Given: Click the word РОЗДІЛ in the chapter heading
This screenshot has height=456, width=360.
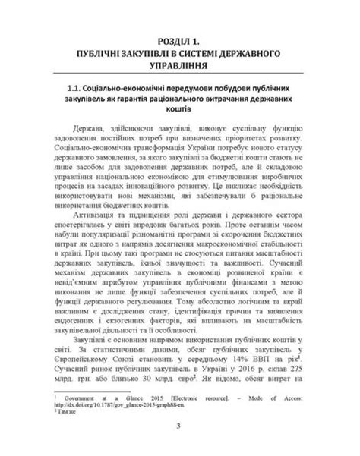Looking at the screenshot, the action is (x=166, y=39).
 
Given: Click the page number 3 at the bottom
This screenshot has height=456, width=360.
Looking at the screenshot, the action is (x=179, y=444).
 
